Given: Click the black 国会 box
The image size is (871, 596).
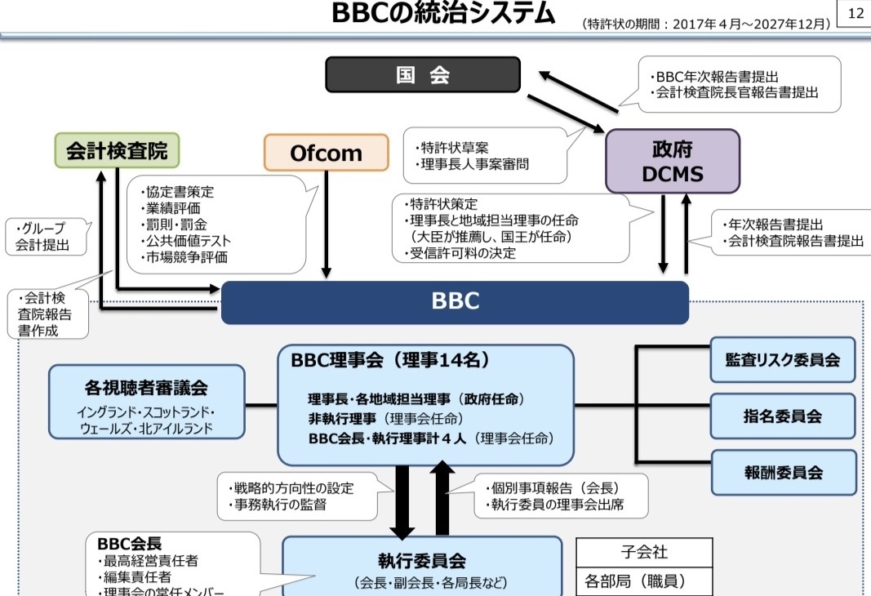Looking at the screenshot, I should tap(423, 75).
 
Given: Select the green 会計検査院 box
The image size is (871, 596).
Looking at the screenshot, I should tap(117, 150).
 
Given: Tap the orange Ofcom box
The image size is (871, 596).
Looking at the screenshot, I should tap(326, 153).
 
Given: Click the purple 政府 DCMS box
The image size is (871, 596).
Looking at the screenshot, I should tap(672, 161).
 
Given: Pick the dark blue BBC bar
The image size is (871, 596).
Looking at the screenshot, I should tap(455, 301).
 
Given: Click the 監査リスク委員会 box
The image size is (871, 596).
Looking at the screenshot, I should tap(782, 360).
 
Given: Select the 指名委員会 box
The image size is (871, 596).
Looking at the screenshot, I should tap(782, 416).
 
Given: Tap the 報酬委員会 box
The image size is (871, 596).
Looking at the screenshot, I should tap(782, 472).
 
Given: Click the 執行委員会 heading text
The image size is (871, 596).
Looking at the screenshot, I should tap(421, 561).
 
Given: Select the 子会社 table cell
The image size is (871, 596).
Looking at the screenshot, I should tap(644, 552).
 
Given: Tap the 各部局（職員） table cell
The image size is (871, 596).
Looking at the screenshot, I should tap(644, 581).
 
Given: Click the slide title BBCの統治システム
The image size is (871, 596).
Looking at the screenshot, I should tap(443, 14).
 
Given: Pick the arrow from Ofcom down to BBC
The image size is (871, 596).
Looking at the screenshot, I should tap(327, 225).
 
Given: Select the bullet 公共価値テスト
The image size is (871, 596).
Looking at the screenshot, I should tap(189, 241).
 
